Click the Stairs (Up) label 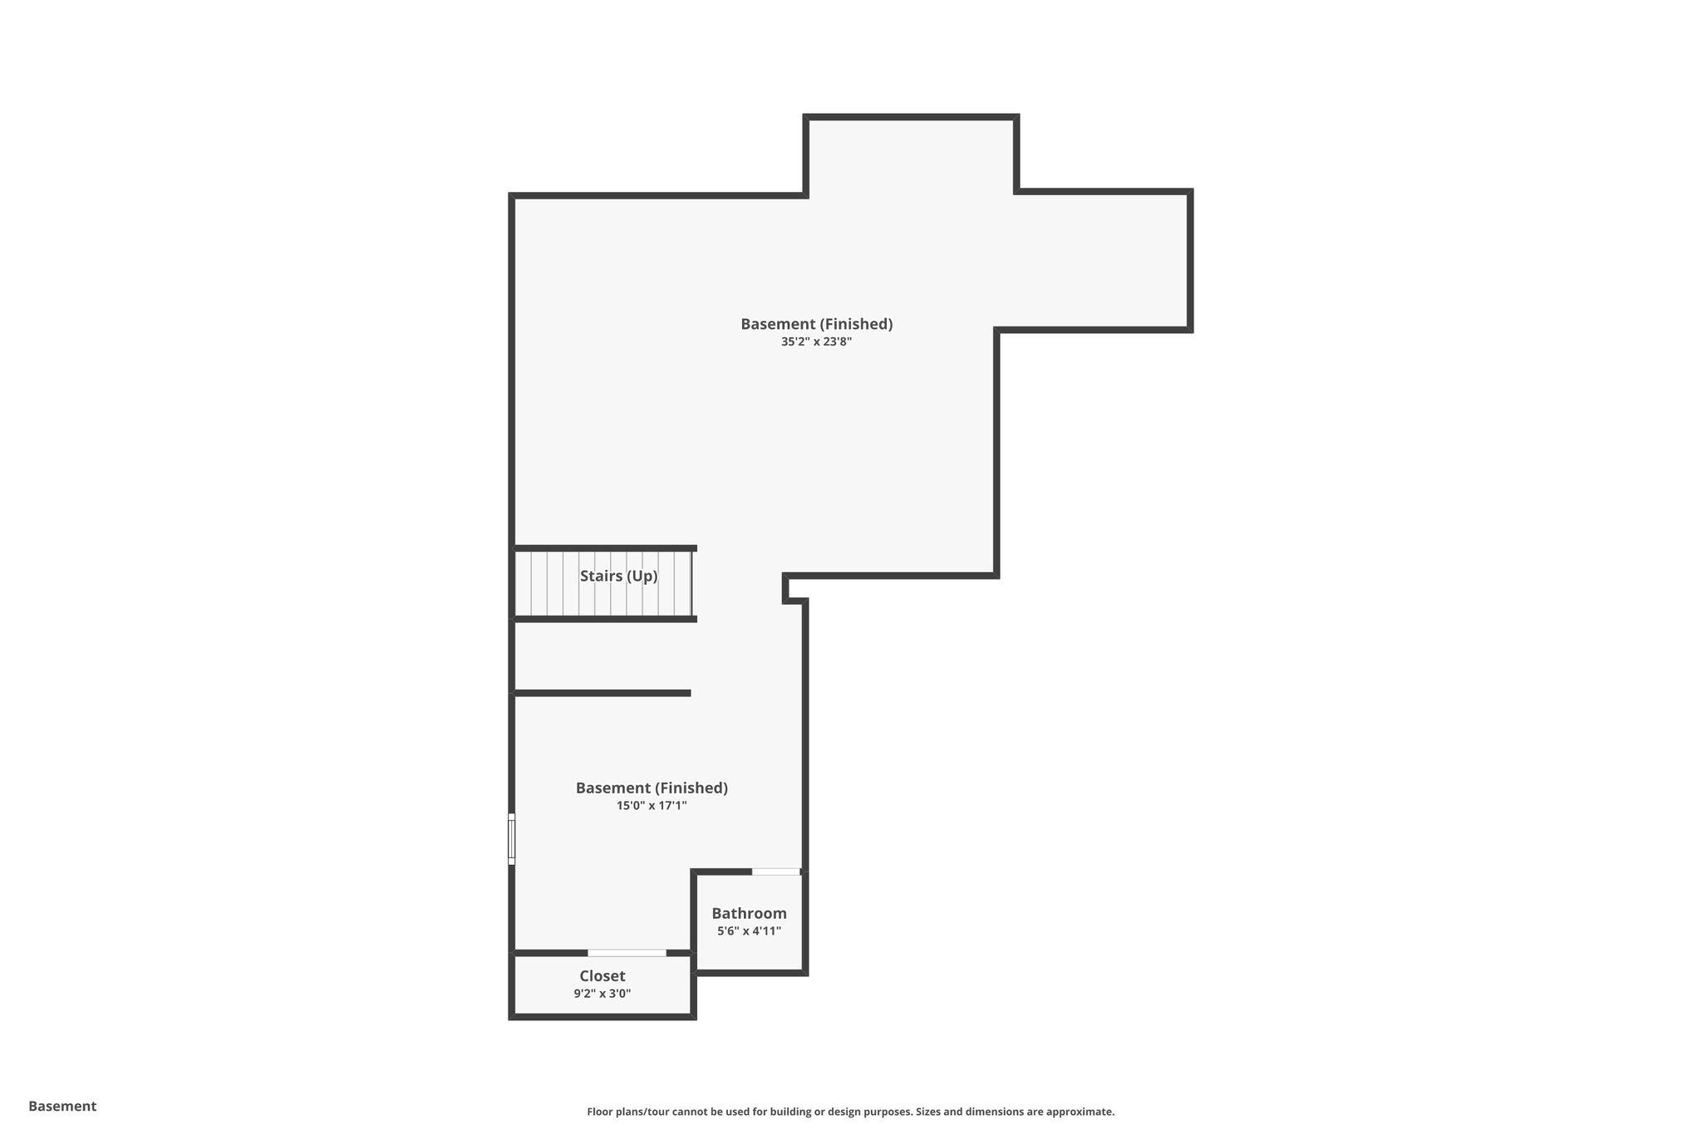618,576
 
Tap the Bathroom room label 749,913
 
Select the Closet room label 603,976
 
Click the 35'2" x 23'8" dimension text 816,341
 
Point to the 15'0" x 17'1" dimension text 652,805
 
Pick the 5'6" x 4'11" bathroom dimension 749,931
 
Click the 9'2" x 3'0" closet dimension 603,994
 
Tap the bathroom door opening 776,871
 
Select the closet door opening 627,953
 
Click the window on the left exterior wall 512,839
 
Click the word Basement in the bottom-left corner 62,1107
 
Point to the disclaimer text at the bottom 850,1112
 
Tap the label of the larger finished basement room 816,324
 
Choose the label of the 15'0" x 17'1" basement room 652,788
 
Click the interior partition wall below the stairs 602,693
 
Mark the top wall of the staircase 604,548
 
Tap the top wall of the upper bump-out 912,118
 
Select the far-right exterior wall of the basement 1190,261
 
